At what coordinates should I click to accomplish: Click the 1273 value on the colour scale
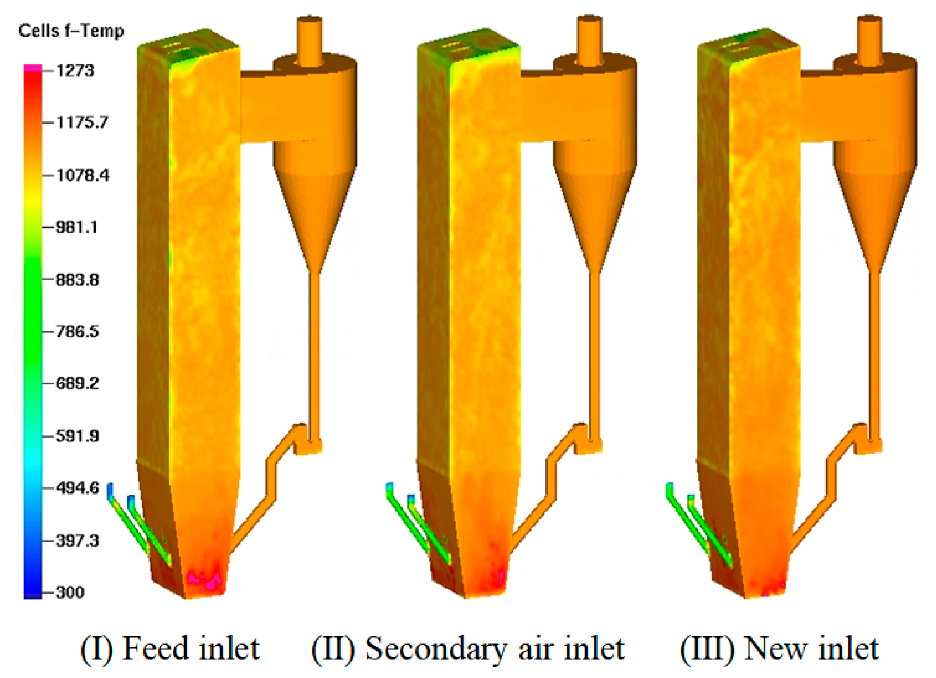coord(75,71)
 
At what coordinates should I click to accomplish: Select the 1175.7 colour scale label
coord(82,123)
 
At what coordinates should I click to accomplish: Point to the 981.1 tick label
coord(77,227)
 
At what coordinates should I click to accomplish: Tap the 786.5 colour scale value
coord(77,332)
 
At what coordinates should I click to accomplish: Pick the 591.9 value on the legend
coord(77,436)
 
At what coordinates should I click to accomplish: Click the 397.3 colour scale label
coord(77,541)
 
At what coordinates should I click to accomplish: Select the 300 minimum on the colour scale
coord(70,593)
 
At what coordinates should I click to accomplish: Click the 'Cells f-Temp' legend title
coord(71,31)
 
